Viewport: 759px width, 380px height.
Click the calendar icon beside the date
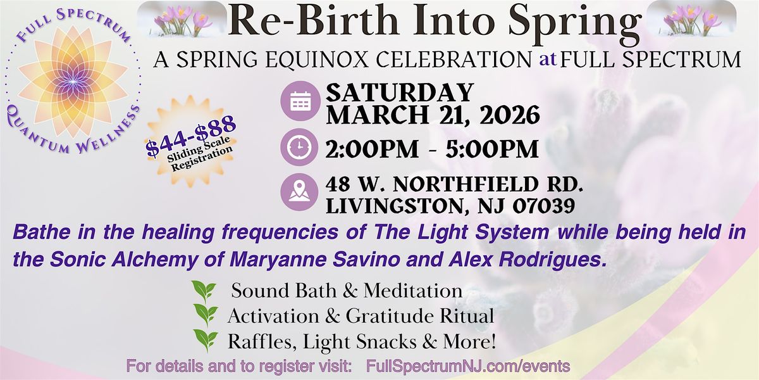[x=300, y=101]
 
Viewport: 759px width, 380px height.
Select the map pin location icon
[x=300, y=192]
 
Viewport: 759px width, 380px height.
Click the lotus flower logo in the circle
[x=73, y=82]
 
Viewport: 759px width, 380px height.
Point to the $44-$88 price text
[x=191, y=136]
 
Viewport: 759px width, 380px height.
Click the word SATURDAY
[x=400, y=92]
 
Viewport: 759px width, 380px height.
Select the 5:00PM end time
[x=492, y=149]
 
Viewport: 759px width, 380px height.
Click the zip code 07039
[x=543, y=206]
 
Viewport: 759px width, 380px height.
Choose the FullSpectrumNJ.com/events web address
[x=468, y=367]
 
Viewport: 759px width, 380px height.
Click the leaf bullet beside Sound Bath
[x=204, y=291]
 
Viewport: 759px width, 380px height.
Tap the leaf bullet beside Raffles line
[x=206, y=340]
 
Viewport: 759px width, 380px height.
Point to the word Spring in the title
[x=575, y=22]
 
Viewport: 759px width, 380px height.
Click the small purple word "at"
[x=548, y=60]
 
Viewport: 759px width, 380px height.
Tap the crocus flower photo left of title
[x=182, y=19]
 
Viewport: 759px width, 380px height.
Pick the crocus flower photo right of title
[x=691, y=19]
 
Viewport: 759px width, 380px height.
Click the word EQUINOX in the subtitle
[x=316, y=60]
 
